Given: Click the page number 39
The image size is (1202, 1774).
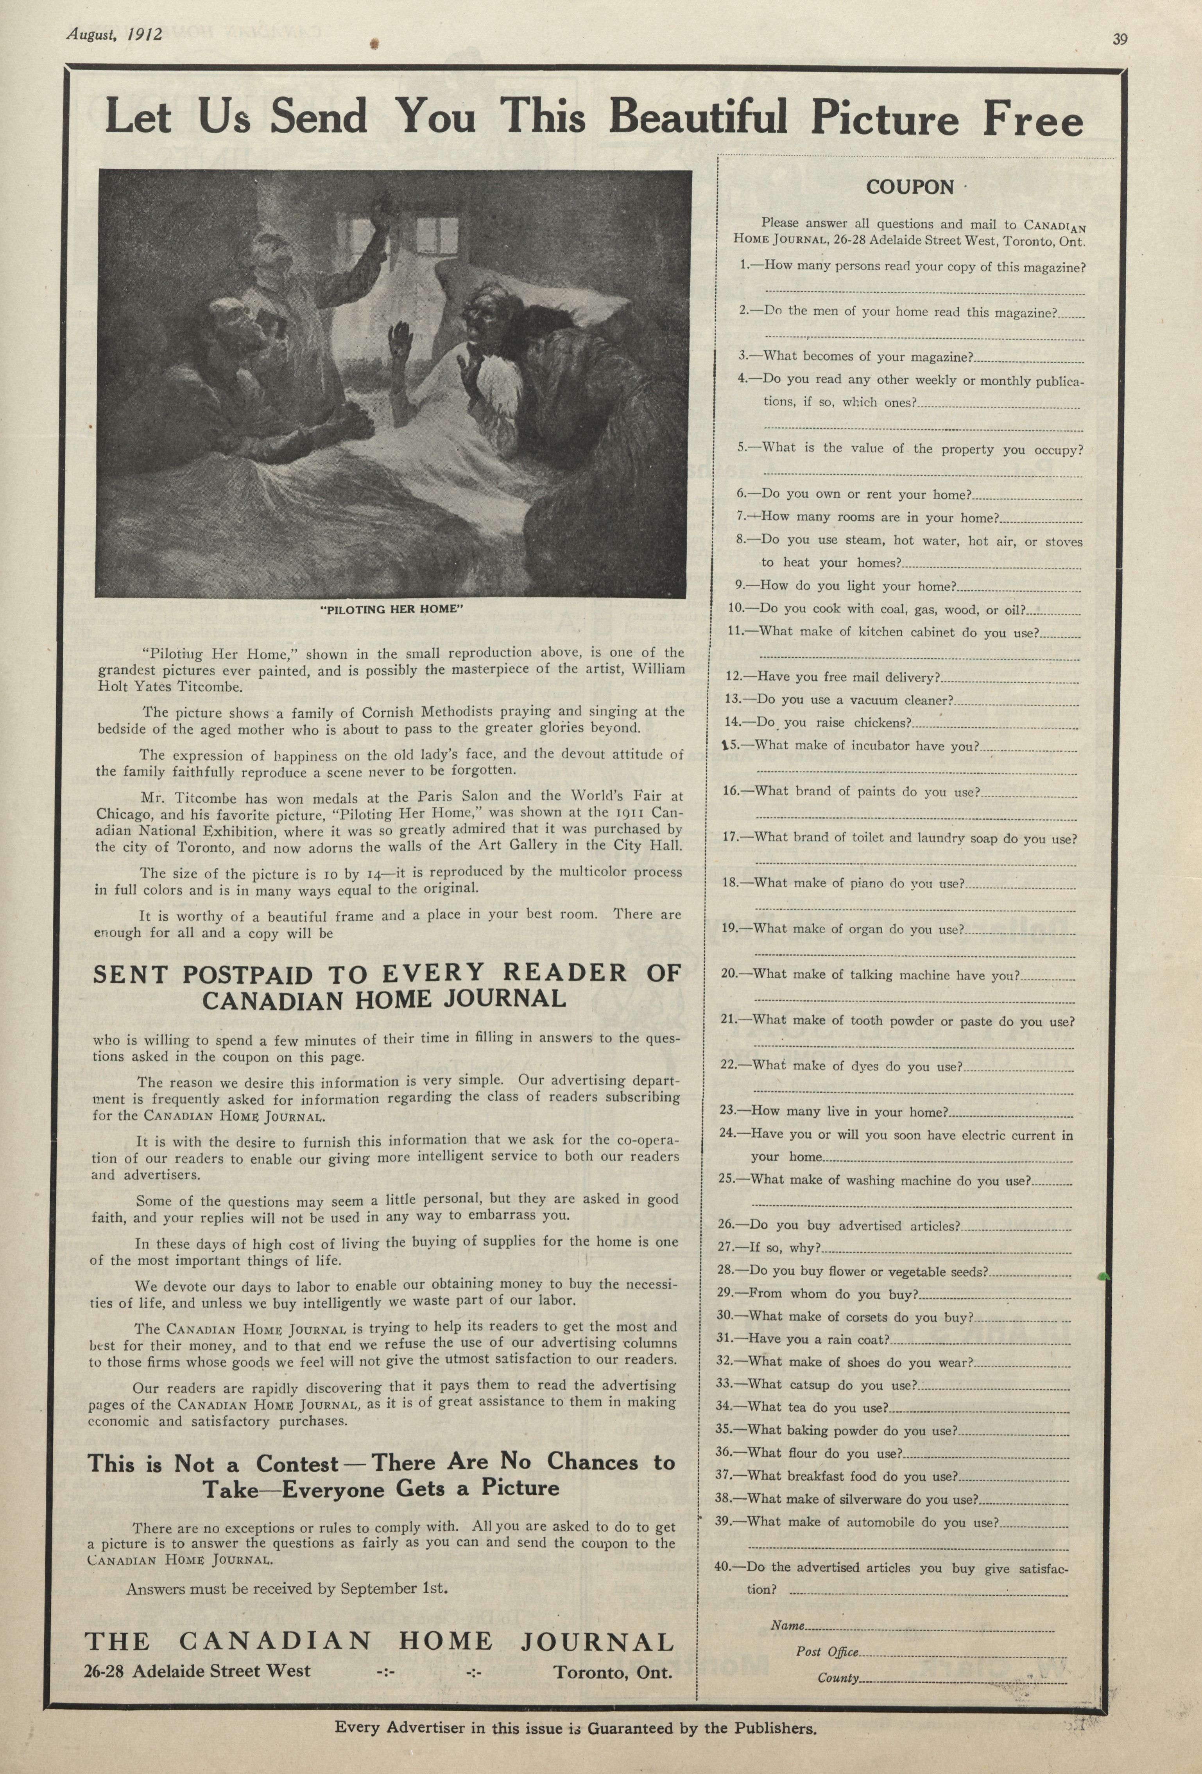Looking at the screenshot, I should coord(1120,40).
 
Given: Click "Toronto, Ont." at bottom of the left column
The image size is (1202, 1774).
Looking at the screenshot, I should coord(613,1672).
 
